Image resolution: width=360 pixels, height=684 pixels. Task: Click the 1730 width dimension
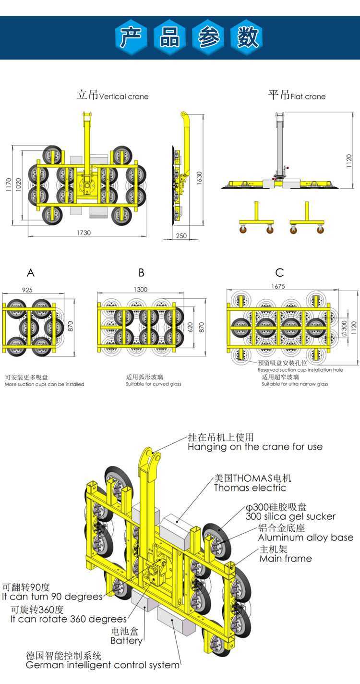coord(83,232)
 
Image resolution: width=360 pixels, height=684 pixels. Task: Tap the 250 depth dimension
coord(180,236)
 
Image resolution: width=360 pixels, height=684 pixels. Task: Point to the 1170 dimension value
coord(8,184)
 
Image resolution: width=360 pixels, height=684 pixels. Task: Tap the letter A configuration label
coord(31,273)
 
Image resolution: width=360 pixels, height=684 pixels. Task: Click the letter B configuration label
coord(141,273)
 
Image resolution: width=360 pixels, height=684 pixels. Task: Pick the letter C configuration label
coord(279,273)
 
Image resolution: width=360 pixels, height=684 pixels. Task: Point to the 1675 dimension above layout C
coord(278,286)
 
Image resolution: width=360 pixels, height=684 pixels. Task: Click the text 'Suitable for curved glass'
coord(154,384)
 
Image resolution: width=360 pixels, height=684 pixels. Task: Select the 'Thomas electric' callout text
coord(250,488)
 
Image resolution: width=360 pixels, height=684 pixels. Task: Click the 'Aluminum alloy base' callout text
coord(306,537)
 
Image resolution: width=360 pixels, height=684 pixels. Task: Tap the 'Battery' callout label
coord(126,641)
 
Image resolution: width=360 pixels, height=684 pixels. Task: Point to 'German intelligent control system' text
coord(102,665)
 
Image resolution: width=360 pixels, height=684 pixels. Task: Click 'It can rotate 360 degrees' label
coord(69,619)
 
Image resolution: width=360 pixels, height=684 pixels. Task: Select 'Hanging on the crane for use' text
coord(255,447)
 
